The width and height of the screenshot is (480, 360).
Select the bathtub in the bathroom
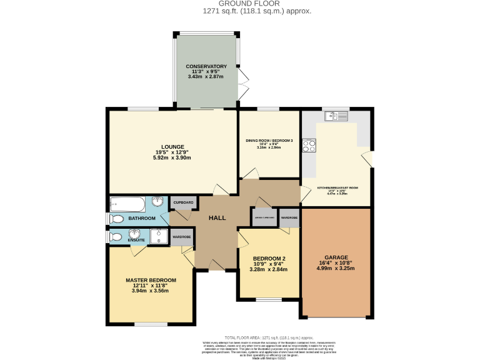(127, 204)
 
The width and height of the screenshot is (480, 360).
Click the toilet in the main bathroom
(116, 219)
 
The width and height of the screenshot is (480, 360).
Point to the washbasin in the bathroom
(156, 204)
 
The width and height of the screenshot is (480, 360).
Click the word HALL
(217, 217)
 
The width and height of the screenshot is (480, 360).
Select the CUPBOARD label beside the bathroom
(183, 203)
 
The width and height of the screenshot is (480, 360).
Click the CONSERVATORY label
(206, 66)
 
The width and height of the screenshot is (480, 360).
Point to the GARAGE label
(336, 257)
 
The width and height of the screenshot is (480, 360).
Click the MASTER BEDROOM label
(151, 280)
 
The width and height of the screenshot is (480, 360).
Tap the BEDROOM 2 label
(269, 259)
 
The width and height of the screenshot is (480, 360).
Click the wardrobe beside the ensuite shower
(181, 237)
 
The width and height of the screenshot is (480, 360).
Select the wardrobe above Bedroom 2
(289, 217)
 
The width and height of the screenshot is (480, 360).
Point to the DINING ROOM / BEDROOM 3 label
(269, 141)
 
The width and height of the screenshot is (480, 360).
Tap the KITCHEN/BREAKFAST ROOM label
(337, 187)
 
